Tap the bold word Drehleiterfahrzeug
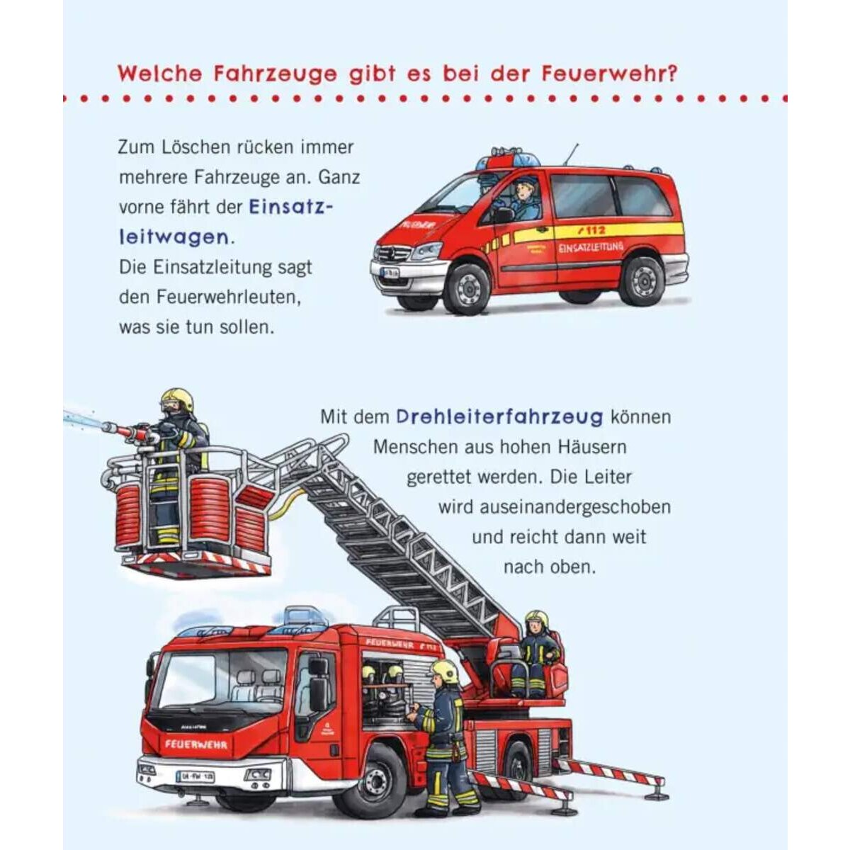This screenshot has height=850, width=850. [x=499, y=416]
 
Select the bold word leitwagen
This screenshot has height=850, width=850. [x=174, y=237]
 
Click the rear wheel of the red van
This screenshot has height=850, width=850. [x=642, y=280]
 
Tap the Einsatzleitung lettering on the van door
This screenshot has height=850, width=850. [x=591, y=248]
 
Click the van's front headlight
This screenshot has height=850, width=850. [x=426, y=251]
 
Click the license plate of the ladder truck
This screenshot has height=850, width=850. [x=195, y=776]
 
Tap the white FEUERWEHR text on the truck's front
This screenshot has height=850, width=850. [x=196, y=744]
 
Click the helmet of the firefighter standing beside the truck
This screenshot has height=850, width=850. [x=446, y=671]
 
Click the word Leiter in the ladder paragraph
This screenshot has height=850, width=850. [x=608, y=477]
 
